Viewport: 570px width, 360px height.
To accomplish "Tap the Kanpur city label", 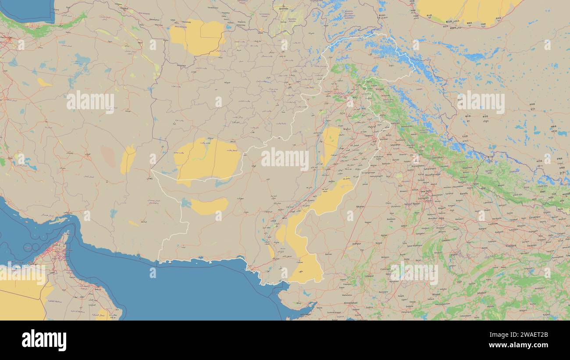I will (x=482, y=228).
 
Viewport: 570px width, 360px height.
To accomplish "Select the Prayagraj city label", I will (x=510, y=246).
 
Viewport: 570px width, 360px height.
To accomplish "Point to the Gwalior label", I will (x=446, y=240).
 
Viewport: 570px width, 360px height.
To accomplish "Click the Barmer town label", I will (x=328, y=253).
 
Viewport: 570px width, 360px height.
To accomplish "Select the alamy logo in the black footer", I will (x=44, y=340).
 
